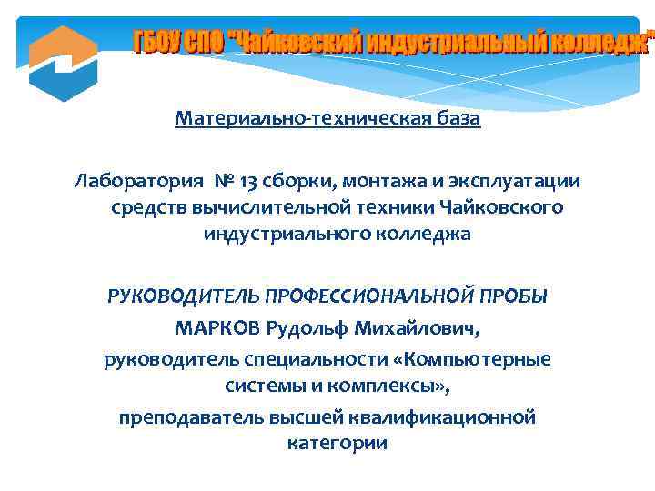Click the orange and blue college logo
[63, 63]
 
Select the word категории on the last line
[338, 444]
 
